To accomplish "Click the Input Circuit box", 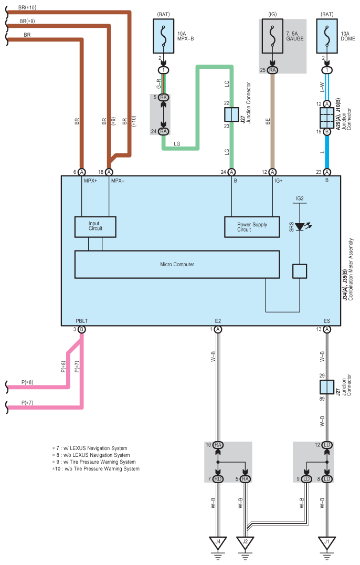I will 95,226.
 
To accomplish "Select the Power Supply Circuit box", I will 252,226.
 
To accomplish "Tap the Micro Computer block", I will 177,264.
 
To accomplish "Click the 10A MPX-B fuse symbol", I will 163,38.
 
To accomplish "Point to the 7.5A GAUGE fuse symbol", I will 272,38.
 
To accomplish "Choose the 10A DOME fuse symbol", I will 327,38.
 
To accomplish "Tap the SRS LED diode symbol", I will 300,227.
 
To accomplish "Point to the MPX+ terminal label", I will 91,181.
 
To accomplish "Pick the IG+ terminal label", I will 279,181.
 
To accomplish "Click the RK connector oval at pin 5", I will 164,97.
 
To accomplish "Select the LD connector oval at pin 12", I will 327,445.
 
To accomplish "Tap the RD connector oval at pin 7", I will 218,479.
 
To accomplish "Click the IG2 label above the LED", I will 300,199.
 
